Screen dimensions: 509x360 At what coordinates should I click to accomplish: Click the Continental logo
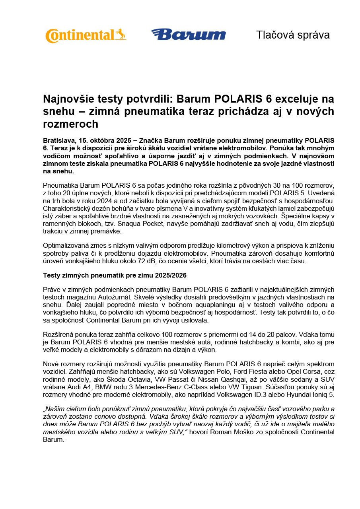coord(85,35)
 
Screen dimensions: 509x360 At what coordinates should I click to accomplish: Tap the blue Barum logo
coord(188,35)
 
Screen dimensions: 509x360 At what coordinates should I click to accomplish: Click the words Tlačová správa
coord(293,35)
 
